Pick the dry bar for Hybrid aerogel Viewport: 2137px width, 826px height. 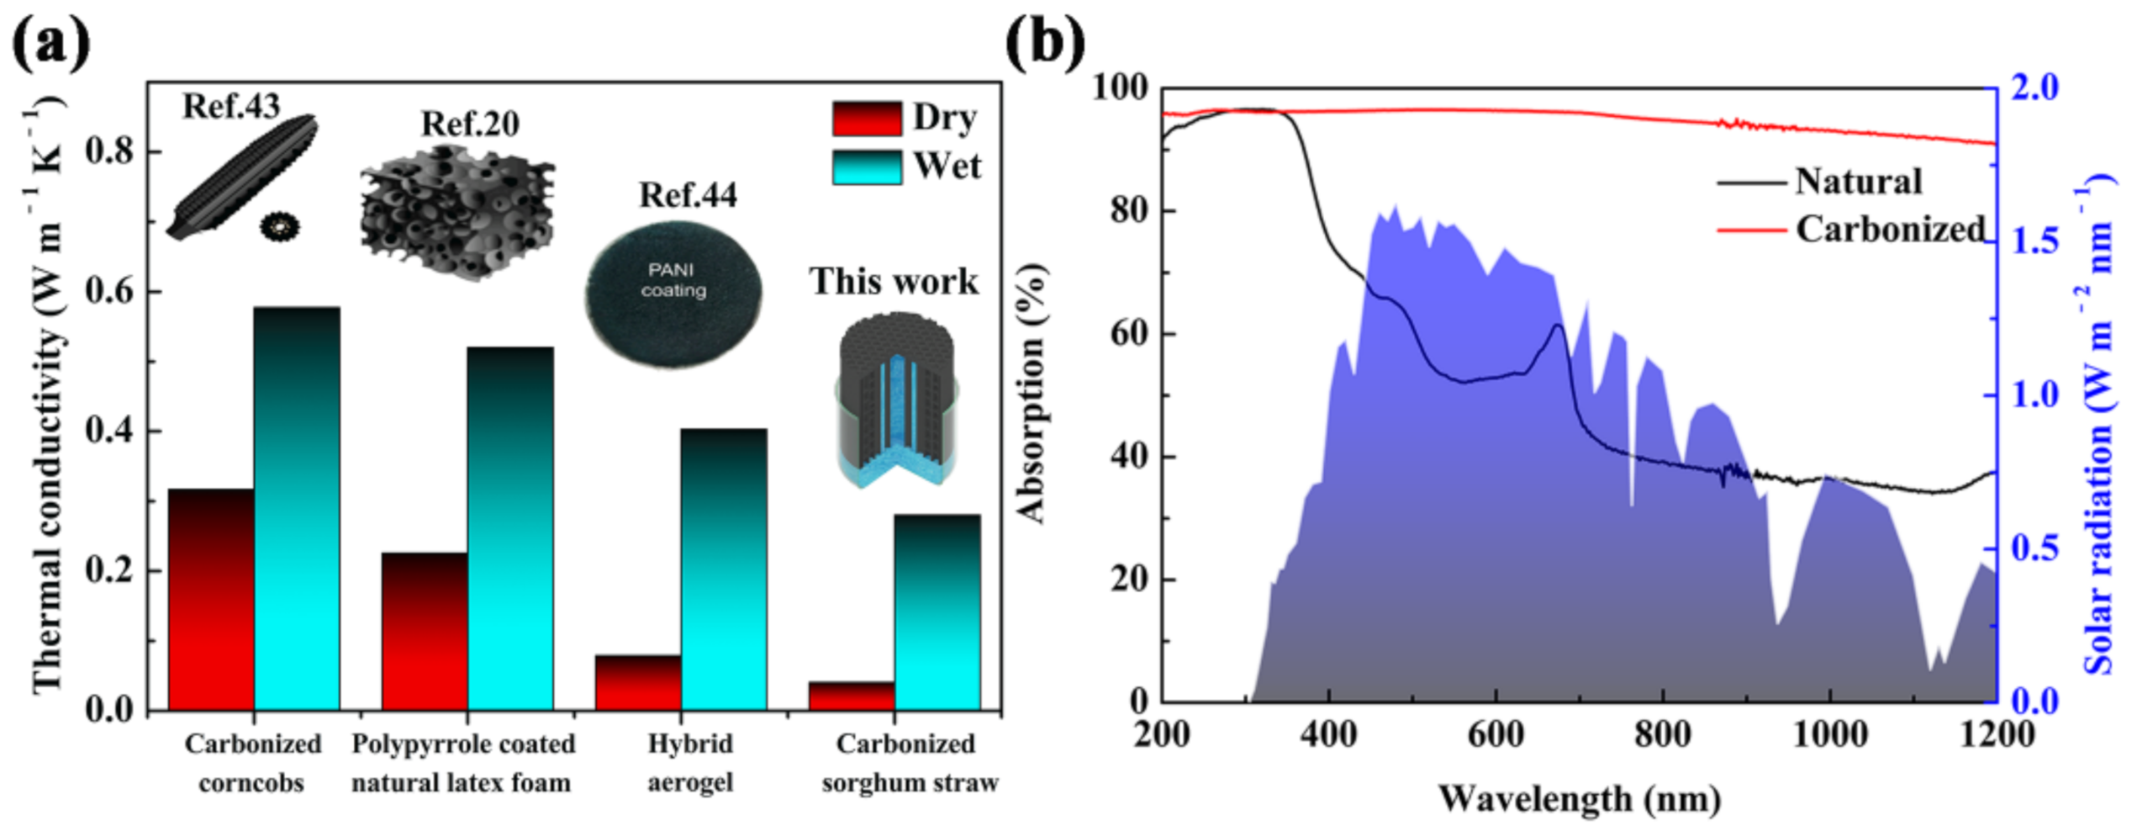638,682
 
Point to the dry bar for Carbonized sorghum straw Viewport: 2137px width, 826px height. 852,696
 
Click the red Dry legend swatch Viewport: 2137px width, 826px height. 867,119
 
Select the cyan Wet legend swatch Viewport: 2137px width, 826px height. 867,167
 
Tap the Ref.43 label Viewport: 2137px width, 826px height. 231,106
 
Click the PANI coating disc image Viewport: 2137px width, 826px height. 673,294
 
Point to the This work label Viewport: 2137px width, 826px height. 894,281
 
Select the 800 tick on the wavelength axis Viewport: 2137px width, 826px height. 1662,734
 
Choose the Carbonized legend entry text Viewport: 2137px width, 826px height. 1891,229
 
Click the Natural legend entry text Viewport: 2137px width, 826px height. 1859,182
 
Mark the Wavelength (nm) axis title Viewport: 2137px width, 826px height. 1580,798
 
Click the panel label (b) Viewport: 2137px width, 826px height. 1045,40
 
